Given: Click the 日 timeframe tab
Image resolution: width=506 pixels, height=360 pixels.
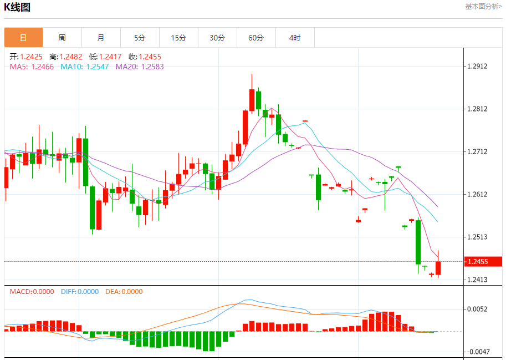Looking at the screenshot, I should [x=23, y=38].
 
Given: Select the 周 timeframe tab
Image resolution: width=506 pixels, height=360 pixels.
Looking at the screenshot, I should [x=62, y=38].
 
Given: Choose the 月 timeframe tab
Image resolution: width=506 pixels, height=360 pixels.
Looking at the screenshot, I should [x=101, y=38].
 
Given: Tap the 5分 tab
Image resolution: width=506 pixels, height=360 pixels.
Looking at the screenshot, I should [x=140, y=38].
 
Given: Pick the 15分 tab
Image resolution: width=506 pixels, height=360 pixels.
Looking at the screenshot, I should [x=178, y=38].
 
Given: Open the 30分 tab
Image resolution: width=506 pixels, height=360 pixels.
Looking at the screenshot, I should [x=217, y=38].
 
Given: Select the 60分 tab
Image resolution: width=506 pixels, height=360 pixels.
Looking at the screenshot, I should [x=256, y=38].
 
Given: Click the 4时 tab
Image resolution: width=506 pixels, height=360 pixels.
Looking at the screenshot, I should [x=295, y=38].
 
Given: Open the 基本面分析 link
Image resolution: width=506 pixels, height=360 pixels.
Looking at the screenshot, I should [x=483, y=7].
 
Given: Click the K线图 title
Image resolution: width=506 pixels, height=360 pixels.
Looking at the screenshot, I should [x=18, y=7].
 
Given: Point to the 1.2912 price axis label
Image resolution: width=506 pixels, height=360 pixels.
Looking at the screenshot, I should [x=477, y=66].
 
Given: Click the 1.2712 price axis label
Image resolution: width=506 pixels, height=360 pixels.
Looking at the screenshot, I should [x=477, y=151].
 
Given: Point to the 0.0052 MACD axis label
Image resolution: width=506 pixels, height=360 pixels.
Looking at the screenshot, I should [x=477, y=309].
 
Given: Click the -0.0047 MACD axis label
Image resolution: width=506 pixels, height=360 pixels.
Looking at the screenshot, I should [x=477, y=352].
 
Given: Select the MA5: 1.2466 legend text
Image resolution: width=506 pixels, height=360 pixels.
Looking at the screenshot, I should [x=32, y=67].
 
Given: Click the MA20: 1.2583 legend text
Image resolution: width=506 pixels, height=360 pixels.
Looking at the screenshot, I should [x=140, y=67].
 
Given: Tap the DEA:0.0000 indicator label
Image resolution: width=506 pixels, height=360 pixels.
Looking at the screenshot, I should [x=124, y=291].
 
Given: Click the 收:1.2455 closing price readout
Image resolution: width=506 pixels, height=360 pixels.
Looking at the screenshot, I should [x=145, y=57].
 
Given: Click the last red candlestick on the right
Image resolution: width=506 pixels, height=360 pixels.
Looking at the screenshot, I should [x=438, y=268].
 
